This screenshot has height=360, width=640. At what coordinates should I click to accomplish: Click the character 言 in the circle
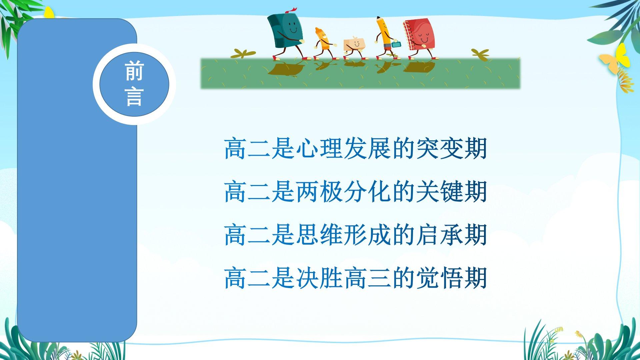coord(134,97)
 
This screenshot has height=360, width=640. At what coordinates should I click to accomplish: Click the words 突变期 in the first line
coord(452,148)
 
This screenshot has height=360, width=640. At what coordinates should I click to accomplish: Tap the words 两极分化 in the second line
coord(344,192)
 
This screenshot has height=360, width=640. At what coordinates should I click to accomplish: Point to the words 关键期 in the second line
coord(452,192)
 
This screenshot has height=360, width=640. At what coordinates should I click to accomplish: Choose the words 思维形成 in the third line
coord(344,235)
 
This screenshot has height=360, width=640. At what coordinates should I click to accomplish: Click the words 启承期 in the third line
coord(452,235)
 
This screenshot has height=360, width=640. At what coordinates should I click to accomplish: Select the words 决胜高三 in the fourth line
coord(344,278)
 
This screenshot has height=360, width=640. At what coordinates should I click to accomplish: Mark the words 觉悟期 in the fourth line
coord(452,278)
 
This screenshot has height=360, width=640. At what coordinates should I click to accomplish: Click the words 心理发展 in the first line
coord(344,148)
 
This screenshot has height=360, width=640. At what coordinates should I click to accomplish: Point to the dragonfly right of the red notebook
coord(480,53)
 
